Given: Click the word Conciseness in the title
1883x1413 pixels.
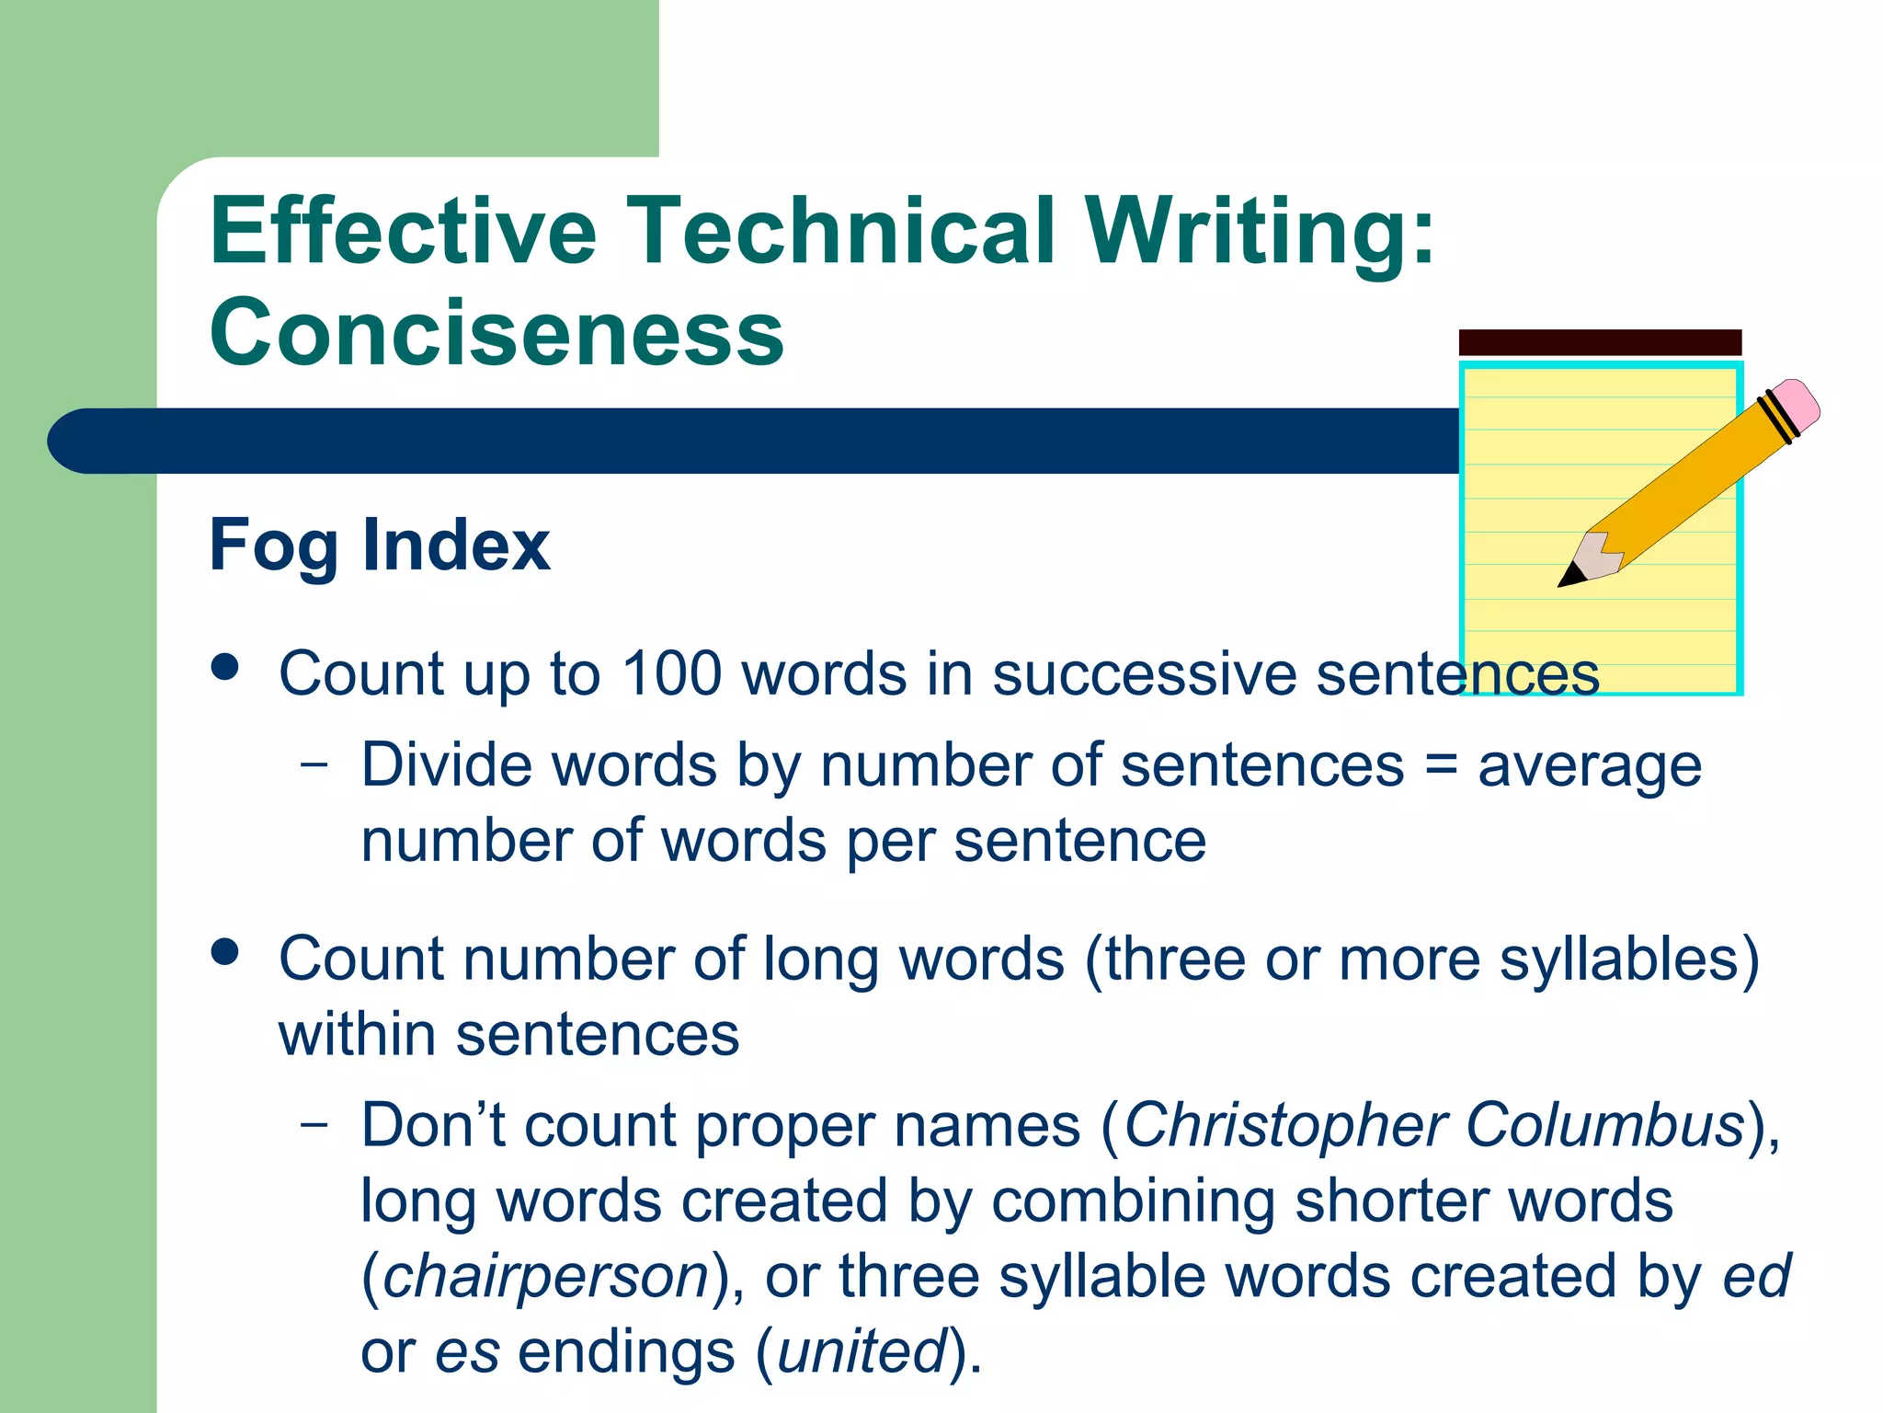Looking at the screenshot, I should click(496, 332).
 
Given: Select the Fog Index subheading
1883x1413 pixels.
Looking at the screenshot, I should click(379, 546).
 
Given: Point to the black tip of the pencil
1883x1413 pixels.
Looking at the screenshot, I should click(1569, 576).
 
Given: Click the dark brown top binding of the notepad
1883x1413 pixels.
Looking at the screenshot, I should click(1600, 342).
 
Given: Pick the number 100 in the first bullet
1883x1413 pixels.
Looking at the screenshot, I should click(671, 673).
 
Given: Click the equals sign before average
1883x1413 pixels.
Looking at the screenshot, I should click(1440, 765).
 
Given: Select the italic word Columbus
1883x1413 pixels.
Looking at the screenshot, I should click(1604, 1125).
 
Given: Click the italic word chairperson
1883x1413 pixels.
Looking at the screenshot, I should click(545, 1277).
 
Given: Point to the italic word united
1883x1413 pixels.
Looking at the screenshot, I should click(862, 1352).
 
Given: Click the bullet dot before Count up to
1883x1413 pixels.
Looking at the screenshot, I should click(224, 667).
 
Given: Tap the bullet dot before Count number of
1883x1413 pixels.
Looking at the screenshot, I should click(224, 952).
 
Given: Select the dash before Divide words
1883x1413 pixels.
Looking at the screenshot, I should click(314, 764).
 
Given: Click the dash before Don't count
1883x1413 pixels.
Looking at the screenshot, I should click(314, 1123).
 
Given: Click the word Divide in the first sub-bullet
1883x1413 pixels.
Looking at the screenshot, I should click(446, 765).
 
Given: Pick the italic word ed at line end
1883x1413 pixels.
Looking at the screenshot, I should click(1756, 1277).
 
